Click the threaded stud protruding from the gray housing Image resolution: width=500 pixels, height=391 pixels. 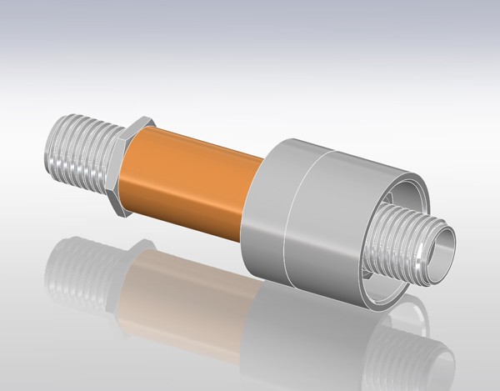click(407, 241)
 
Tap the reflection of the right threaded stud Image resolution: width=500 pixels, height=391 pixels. click(417, 350)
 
